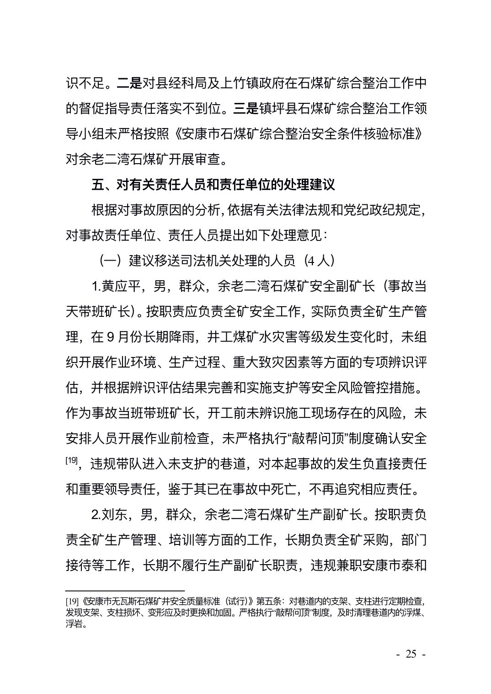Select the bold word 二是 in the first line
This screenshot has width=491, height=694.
pyautogui.click(x=129, y=83)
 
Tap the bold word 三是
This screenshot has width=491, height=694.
pyautogui.click(x=245, y=109)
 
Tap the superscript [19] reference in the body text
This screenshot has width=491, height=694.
pyautogui.click(x=72, y=460)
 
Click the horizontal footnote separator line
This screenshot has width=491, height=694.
pyautogui.click(x=125, y=591)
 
